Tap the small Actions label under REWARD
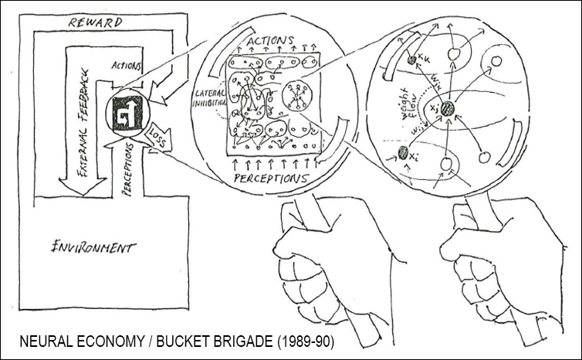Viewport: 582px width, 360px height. [x=127, y=65]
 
